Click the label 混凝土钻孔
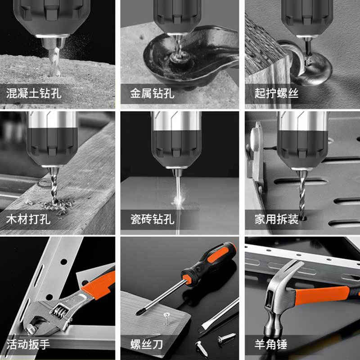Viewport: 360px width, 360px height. [34, 93]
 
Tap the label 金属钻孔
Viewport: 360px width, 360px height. [152, 93]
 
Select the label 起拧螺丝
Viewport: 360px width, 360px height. [276, 93]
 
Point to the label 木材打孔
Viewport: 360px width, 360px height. [28, 219]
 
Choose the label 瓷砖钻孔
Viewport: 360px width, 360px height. [152, 219]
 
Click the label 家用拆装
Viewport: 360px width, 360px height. [276, 219]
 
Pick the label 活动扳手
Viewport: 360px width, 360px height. [28, 344]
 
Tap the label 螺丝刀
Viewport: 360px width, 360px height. [147, 344]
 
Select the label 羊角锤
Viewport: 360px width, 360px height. [271, 344]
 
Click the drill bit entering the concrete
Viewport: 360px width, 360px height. [54, 62]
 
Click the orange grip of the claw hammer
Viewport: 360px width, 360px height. [322, 295]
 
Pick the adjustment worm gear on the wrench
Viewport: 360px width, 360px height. [59, 310]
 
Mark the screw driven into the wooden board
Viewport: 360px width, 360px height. [167, 319]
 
